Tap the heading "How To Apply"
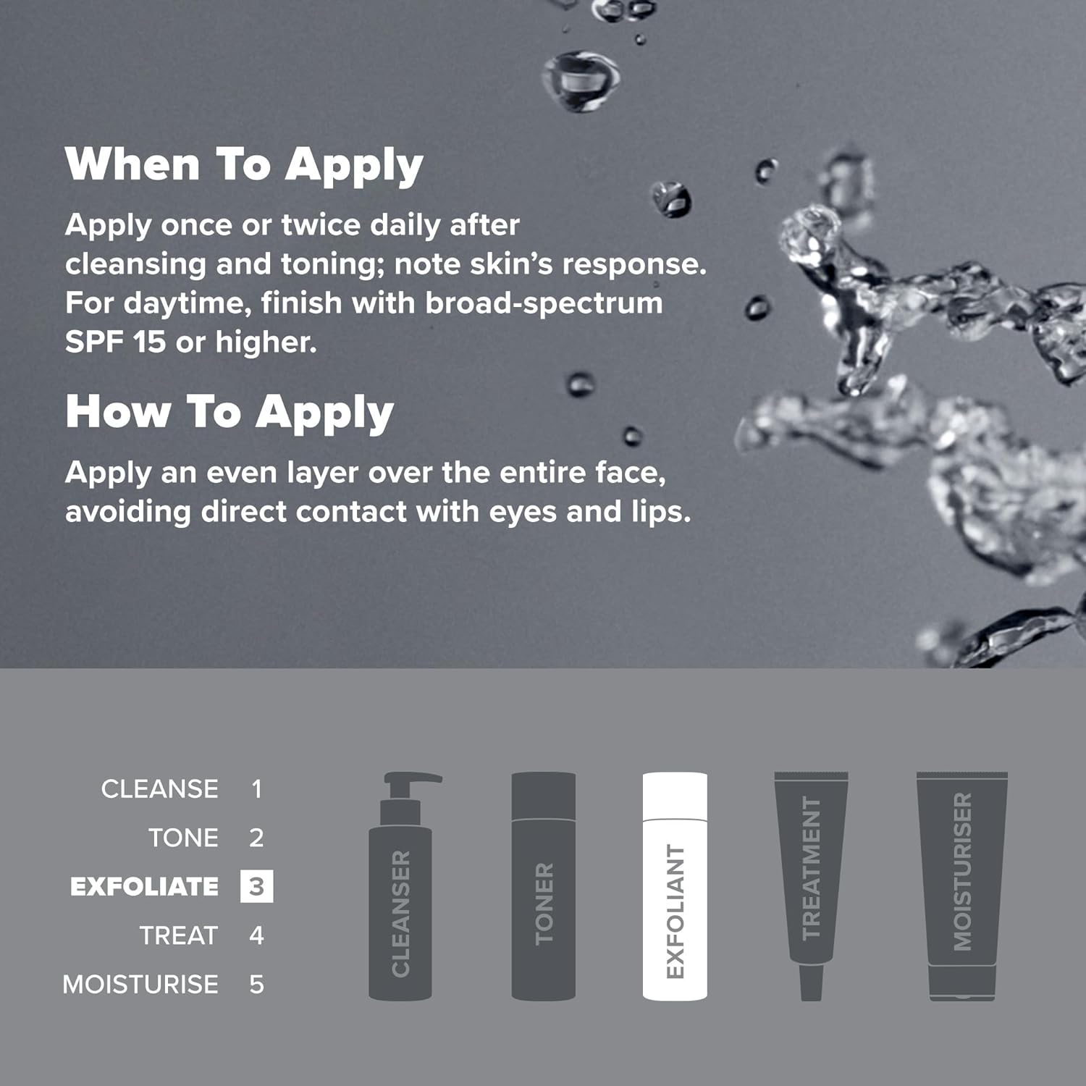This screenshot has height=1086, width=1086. click(x=230, y=413)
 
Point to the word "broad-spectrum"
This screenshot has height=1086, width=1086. click(x=544, y=303)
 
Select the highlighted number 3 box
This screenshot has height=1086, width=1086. click(x=256, y=886)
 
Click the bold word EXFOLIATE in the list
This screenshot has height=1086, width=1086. click(x=144, y=887)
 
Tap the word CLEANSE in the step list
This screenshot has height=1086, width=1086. click(x=159, y=789)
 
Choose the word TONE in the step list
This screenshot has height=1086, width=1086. click(x=183, y=838)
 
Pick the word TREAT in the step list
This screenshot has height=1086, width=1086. click(x=179, y=935)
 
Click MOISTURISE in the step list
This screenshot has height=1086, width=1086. click(x=140, y=985)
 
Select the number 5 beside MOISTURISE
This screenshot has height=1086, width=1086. click(x=256, y=985)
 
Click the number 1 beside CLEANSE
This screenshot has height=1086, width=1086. click(x=256, y=789)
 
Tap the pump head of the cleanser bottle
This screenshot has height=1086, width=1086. click(x=411, y=782)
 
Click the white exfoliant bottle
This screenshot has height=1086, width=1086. click(x=675, y=886)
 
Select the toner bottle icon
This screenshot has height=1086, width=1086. click(x=544, y=886)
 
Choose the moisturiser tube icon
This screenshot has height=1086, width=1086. click(x=962, y=886)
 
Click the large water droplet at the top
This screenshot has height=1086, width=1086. click(x=581, y=80)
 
